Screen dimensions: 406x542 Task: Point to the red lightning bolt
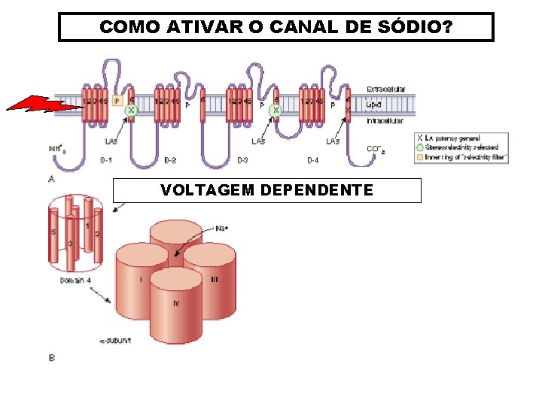click(45, 105)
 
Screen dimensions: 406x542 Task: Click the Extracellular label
click(385, 89)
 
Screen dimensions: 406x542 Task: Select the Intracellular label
click(385, 120)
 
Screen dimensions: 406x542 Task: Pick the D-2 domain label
click(170, 159)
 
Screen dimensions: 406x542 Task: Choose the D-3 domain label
click(242, 159)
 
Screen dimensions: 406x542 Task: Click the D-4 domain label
click(312, 159)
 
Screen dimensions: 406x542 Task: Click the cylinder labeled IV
click(176, 304)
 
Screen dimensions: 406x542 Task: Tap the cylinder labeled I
click(140, 280)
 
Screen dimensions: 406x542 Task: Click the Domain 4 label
click(77, 280)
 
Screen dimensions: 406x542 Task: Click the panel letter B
click(51, 357)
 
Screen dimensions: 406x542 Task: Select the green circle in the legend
click(419, 147)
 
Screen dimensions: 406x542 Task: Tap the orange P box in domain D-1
click(117, 100)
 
